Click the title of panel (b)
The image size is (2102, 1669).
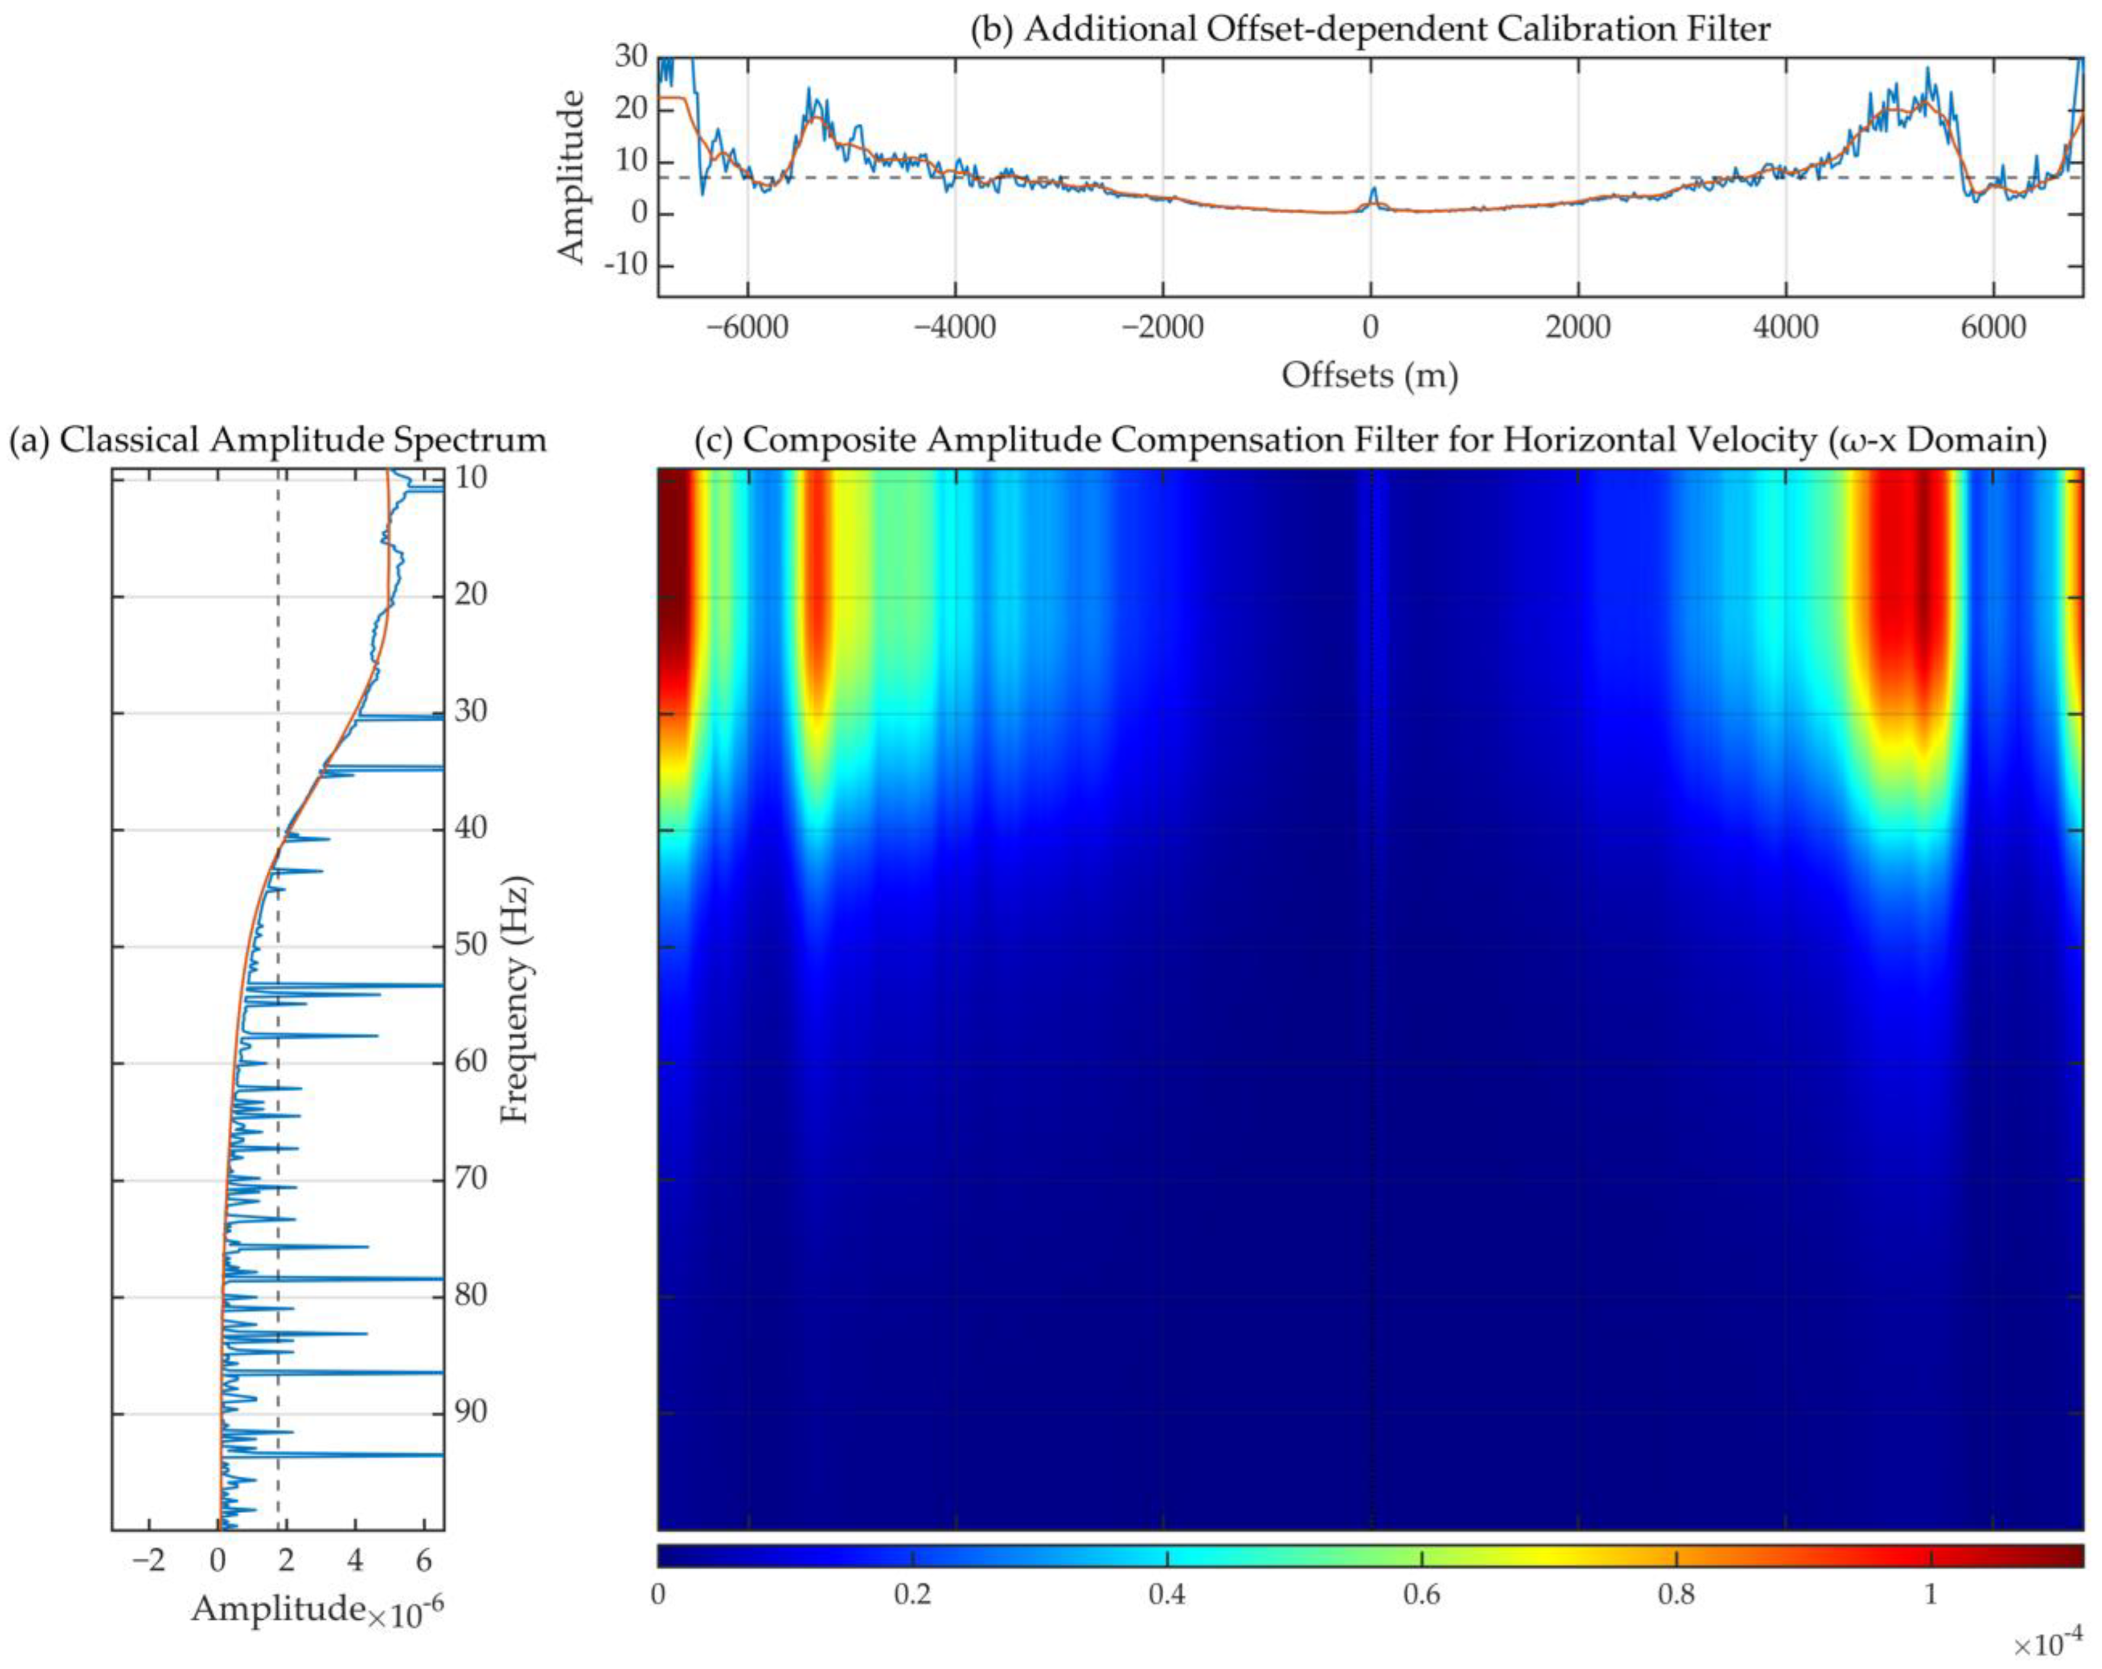[1370, 29]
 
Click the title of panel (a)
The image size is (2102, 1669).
[278, 440]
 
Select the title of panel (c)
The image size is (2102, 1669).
[1370, 440]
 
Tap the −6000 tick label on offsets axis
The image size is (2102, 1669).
[747, 327]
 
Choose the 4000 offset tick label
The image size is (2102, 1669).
[1785, 327]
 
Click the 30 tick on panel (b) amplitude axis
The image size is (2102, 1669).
[631, 57]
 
